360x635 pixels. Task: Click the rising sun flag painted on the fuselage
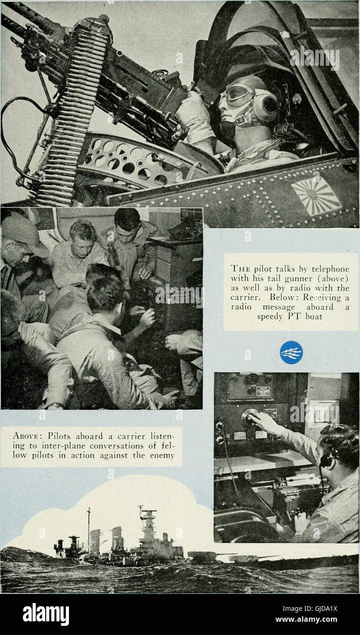point(316,196)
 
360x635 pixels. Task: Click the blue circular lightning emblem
point(291,352)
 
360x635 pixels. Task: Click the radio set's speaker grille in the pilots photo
point(164,264)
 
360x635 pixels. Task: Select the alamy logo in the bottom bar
point(46,614)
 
